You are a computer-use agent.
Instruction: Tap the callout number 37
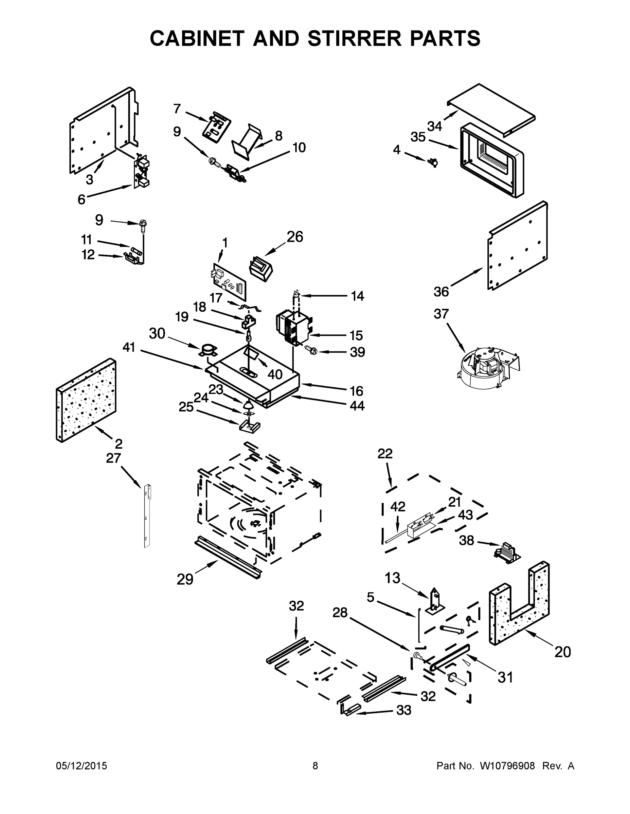tap(441, 314)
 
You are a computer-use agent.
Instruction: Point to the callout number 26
tap(294, 237)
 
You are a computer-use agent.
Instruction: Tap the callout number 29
tap(185, 580)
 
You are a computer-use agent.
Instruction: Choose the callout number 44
tap(357, 406)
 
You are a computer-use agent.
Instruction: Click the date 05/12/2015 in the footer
tap(82, 766)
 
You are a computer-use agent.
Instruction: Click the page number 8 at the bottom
tap(315, 766)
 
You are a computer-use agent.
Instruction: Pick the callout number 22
tap(385, 453)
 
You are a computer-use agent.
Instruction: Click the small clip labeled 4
tap(433, 162)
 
